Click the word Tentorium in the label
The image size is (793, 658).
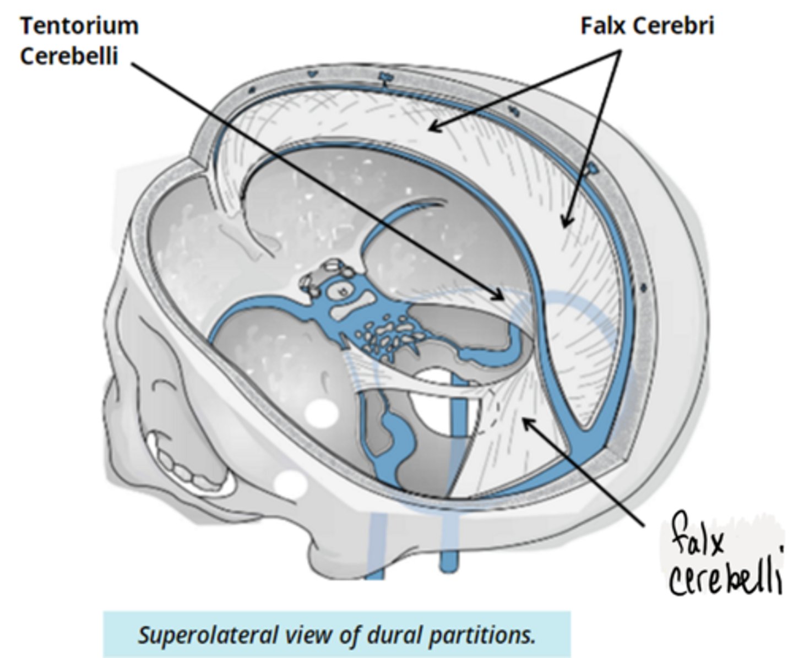(79, 26)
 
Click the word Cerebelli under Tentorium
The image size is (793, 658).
(69, 57)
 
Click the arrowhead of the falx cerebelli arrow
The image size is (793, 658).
(526, 422)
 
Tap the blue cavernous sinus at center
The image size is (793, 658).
(341, 297)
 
